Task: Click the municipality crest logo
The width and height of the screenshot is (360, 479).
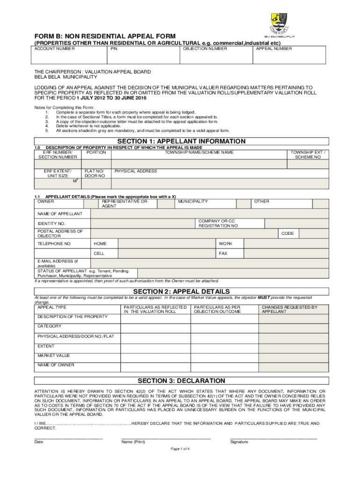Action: pyautogui.click(x=280, y=22)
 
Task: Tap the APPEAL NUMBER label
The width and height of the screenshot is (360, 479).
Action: pyautogui.click(x=274, y=49)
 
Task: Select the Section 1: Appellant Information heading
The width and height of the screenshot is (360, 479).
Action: pyautogui.click(x=181, y=141)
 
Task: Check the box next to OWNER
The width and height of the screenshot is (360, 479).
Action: pyautogui.click(x=89, y=204)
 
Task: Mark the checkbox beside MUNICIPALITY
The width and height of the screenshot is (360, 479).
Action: pyautogui.click(x=243, y=204)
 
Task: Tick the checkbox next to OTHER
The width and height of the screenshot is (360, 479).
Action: pyautogui.click(x=319, y=204)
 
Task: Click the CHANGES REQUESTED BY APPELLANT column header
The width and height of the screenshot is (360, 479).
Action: pyautogui.click(x=289, y=309)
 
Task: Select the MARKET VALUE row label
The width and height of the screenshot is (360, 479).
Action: pyautogui.click(x=54, y=356)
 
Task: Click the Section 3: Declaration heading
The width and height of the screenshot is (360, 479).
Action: pyautogui.click(x=181, y=381)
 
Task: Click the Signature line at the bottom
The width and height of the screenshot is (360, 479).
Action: pyautogui.click(x=274, y=437)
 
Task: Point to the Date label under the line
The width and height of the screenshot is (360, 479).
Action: pyautogui.click(x=39, y=442)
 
